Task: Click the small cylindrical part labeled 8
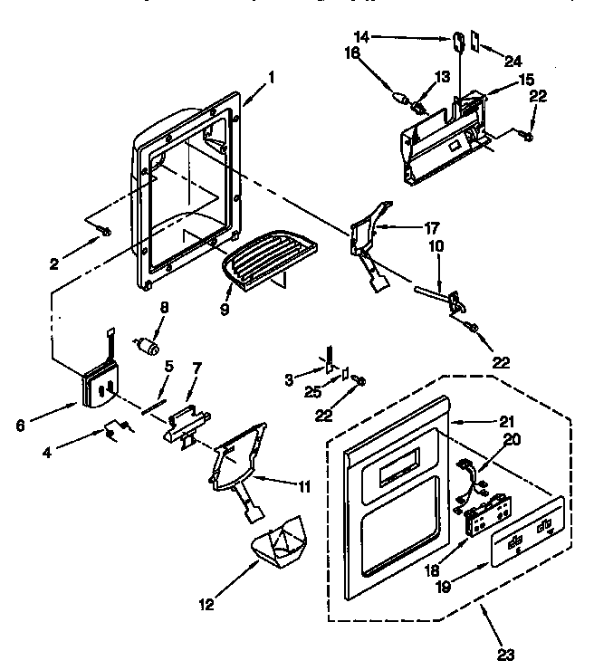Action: [147, 346]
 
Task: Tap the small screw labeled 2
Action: [105, 233]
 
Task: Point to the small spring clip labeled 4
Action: [114, 432]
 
